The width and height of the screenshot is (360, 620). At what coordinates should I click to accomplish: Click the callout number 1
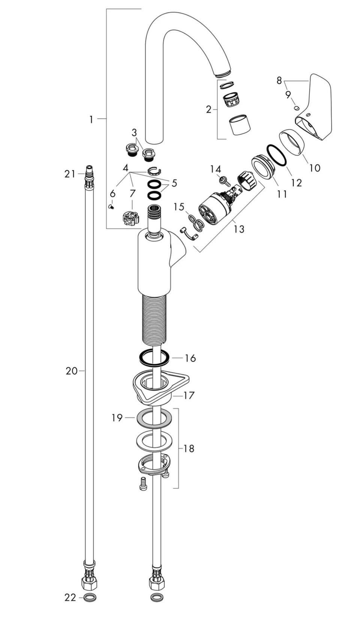tap(91, 120)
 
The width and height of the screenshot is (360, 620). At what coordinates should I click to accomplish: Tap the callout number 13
tap(239, 229)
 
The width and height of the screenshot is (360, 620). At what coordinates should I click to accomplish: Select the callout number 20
tap(72, 371)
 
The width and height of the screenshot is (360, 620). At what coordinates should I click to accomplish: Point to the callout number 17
tap(189, 395)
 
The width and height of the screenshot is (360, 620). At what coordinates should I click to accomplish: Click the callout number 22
tap(70, 605)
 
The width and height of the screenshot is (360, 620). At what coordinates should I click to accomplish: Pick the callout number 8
tap(279, 81)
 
